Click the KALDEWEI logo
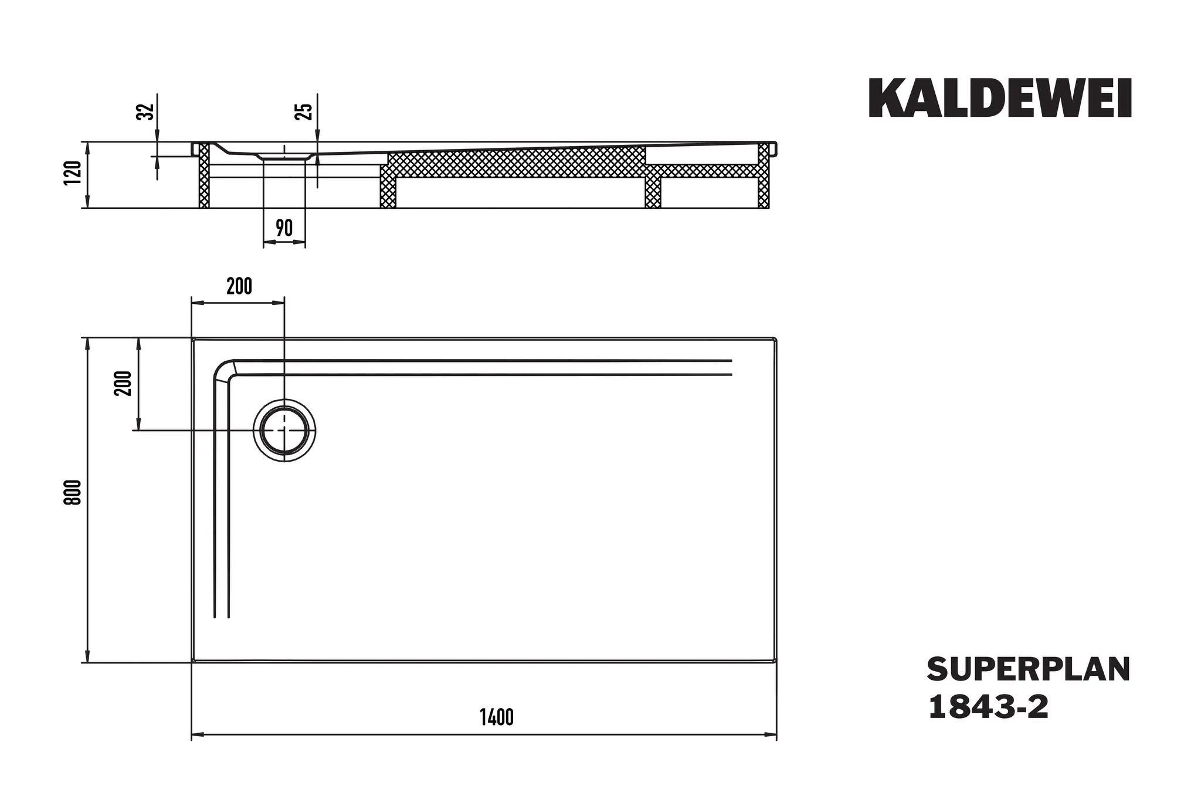[1000, 98]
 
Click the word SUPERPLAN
[1029, 670]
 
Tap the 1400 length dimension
[497, 717]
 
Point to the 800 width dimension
[73, 492]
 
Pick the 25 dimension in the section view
[305, 111]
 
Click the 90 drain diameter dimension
[284, 228]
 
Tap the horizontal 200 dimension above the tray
[239, 286]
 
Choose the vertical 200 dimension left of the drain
[124, 384]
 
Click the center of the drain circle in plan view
[284, 430]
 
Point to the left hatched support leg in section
[204, 175]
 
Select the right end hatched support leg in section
[764, 175]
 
